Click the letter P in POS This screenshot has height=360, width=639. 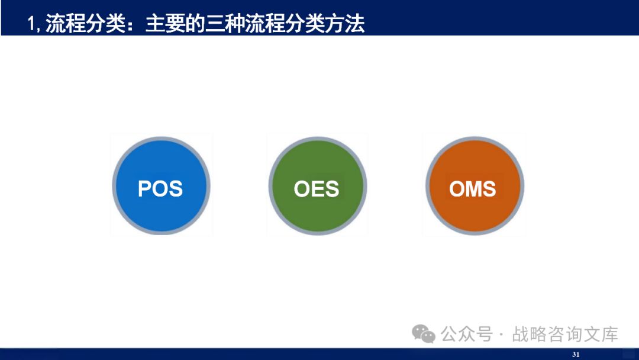click(145, 189)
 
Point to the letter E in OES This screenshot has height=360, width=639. click(317, 189)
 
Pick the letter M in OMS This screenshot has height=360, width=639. click(472, 189)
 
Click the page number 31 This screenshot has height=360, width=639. click(575, 355)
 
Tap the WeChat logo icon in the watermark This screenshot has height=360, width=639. click(424, 334)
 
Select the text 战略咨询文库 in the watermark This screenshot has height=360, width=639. click(564, 334)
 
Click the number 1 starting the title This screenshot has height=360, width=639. click(31, 24)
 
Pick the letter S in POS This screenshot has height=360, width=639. click(175, 189)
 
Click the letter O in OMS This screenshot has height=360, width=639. click(457, 189)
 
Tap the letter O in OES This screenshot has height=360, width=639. click(302, 189)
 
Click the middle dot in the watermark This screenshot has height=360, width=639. click(502, 335)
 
